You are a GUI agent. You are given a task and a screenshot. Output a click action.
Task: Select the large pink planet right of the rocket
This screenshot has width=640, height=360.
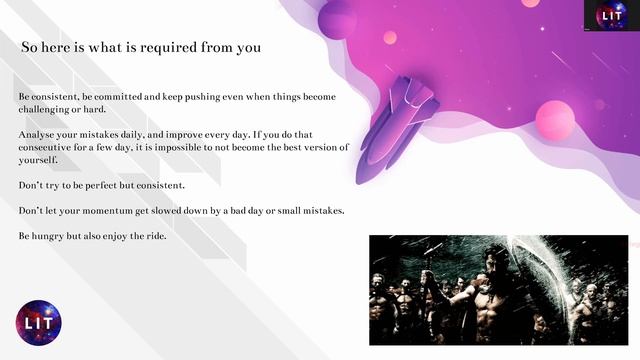click(554, 121)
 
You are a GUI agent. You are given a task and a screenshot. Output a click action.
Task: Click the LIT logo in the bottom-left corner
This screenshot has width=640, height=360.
click(39, 323)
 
